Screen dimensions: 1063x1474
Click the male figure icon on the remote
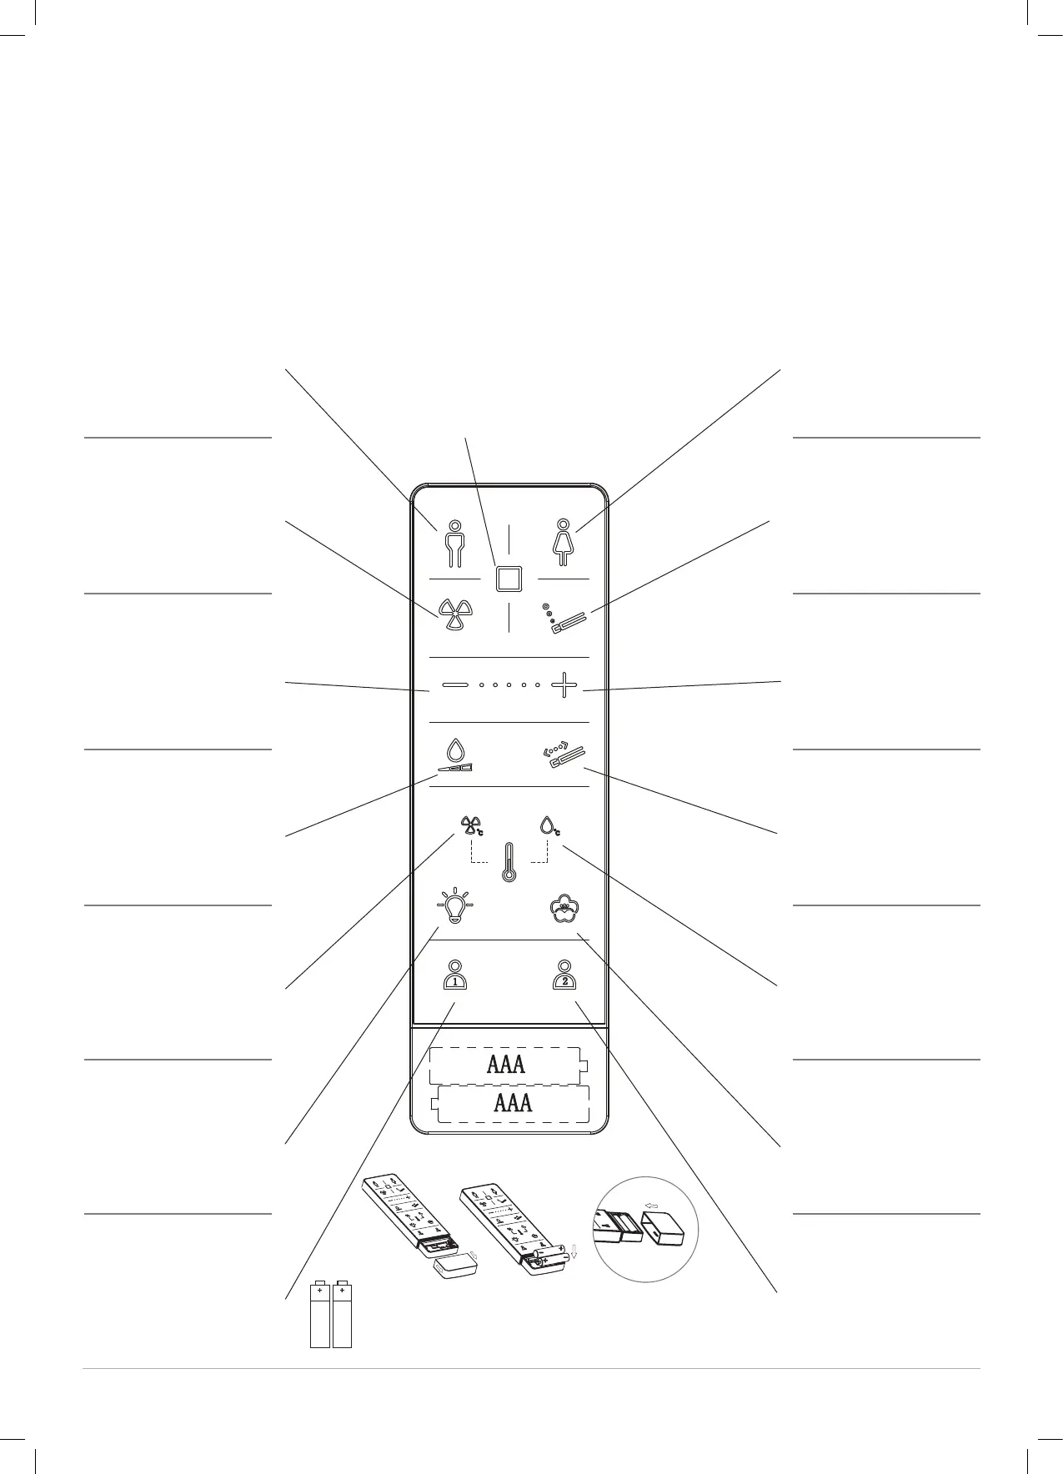tap(454, 544)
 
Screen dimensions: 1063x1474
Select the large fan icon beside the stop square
tap(454, 615)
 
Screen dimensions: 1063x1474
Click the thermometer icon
tap(509, 862)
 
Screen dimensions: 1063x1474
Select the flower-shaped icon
tap(564, 910)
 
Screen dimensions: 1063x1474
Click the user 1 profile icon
tap(455, 974)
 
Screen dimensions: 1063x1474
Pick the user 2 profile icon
tap(564, 974)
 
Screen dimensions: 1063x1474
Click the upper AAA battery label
tap(505, 1065)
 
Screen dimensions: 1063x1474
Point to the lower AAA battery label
tap(513, 1103)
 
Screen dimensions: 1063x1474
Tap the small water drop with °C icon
tap(550, 826)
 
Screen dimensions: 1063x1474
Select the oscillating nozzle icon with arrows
tap(563, 755)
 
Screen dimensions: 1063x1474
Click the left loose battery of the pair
tap(319, 1315)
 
